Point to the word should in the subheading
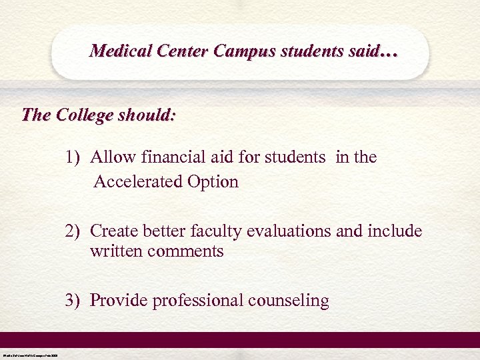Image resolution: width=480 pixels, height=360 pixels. (x=149, y=115)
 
